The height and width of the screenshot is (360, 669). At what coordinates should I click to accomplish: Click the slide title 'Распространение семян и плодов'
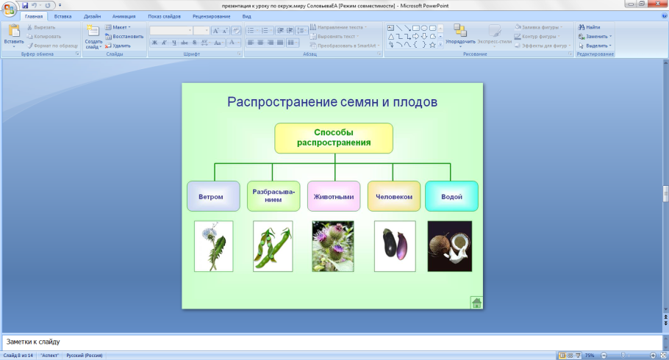[332, 102]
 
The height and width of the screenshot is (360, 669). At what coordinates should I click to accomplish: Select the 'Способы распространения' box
[334, 137]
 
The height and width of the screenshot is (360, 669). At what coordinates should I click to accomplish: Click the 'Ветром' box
[213, 196]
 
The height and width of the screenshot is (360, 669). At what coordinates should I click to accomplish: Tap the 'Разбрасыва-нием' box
[273, 195]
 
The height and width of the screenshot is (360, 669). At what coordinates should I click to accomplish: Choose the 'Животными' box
[334, 196]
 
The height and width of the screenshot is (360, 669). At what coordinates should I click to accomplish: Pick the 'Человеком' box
[394, 196]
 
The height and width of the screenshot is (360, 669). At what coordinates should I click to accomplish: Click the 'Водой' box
[451, 196]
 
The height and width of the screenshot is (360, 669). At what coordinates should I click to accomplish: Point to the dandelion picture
[213, 246]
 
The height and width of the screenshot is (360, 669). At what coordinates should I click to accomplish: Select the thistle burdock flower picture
[332, 246]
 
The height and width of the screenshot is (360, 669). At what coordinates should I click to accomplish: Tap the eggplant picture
[394, 246]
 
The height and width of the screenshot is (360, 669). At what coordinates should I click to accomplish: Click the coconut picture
[450, 246]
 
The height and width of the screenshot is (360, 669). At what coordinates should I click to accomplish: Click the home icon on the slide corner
[476, 302]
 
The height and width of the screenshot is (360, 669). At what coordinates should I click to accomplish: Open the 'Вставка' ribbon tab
[62, 15]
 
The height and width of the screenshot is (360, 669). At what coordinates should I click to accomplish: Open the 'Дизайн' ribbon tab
[92, 15]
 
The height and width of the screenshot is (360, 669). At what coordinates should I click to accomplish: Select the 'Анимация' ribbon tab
[124, 15]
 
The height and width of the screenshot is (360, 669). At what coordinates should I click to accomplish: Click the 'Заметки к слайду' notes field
[331, 342]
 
